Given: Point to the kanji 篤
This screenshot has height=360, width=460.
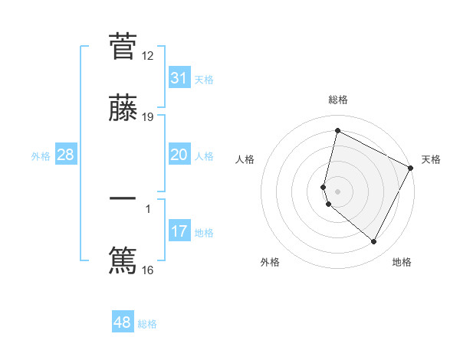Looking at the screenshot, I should pos(123,259).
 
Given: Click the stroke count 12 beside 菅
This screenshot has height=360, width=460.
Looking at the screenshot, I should pos(148,56).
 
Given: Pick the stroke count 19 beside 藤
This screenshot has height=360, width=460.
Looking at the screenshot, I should pos(148,117).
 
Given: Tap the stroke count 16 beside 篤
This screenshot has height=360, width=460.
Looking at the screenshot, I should pos(148,270).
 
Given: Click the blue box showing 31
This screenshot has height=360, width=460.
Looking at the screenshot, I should pos(179,78).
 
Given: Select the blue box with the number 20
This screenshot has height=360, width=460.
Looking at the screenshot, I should pos(179,155).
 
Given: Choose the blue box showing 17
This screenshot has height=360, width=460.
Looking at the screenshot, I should pos(179,231).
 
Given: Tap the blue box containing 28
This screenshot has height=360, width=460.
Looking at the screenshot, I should pos(66,155).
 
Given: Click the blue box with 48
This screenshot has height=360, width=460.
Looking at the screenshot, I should pos(123,322).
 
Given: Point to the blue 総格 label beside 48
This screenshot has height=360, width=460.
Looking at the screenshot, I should pos(147,324).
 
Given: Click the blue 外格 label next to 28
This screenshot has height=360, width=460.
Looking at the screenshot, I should pos(41,156).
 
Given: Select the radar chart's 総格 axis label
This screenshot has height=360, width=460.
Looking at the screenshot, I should pos(338,100).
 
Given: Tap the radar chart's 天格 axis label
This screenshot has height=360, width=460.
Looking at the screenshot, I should pos(431,159).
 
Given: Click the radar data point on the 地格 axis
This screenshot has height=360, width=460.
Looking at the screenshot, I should pos(374,242).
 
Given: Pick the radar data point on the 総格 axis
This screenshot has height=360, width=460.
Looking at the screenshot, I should pos(337,131).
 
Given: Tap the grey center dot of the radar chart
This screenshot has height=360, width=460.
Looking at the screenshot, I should pos(337,191).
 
